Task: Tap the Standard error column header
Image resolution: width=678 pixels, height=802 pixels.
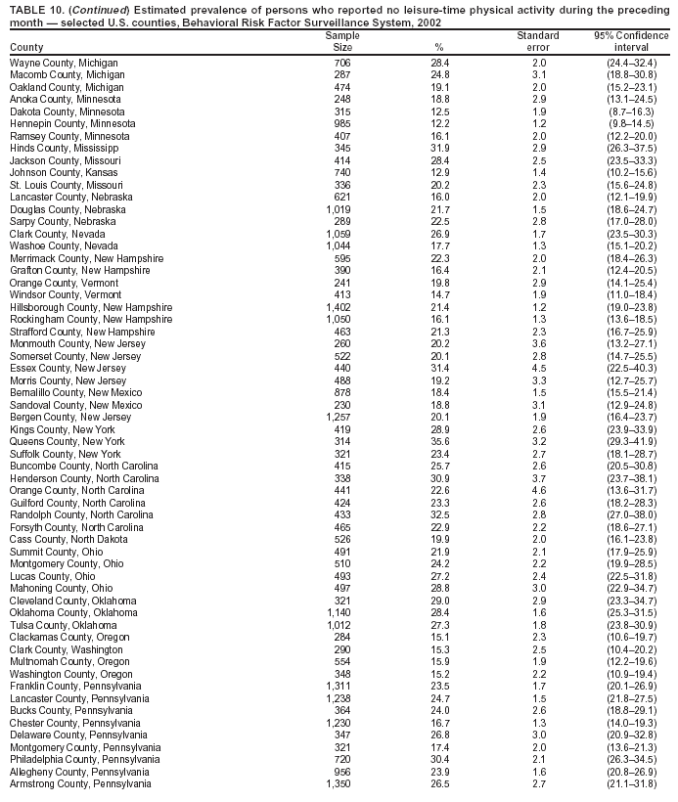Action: point(538,41)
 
